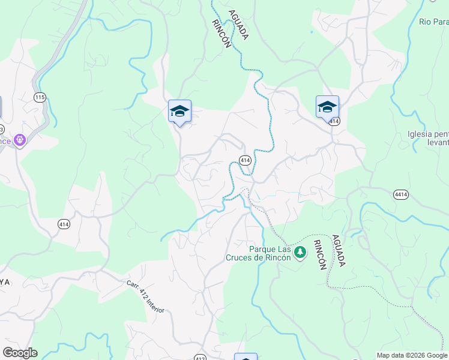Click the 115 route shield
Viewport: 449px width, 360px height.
40,97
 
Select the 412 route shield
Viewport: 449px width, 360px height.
200,358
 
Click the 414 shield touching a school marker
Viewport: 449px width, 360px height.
334,121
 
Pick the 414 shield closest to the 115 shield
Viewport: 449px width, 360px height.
64,224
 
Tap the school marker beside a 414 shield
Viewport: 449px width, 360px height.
327,107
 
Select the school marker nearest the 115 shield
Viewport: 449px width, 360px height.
179,111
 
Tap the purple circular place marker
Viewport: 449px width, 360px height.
20,140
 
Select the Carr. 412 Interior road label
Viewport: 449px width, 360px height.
145,296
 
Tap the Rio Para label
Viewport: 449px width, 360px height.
433,22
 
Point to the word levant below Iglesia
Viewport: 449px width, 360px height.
436,143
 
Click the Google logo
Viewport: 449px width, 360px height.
20,353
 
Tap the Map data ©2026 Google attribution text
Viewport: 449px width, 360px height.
412,355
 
